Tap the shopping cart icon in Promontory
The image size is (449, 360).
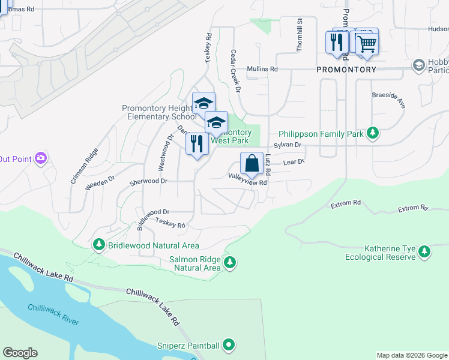[x=366, y=43]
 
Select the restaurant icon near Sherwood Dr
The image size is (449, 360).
[x=197, y=144]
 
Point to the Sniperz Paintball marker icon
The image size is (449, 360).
[x=228, y=345]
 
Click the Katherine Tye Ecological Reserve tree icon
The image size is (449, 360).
[x=425, y=252]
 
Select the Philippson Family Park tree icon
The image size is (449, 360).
[x=373, y=133]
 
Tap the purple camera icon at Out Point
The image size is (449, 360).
[x=40, y=158]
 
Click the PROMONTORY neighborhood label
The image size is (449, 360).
[x=346, y=70]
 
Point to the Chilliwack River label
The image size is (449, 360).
[x=53, y=314]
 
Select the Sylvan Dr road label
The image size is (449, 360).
[x=287, y=145]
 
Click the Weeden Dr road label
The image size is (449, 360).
[x=100, y=183]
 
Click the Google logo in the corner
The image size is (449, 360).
[x=20, y=353]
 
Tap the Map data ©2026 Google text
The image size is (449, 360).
[x=411, y=355]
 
